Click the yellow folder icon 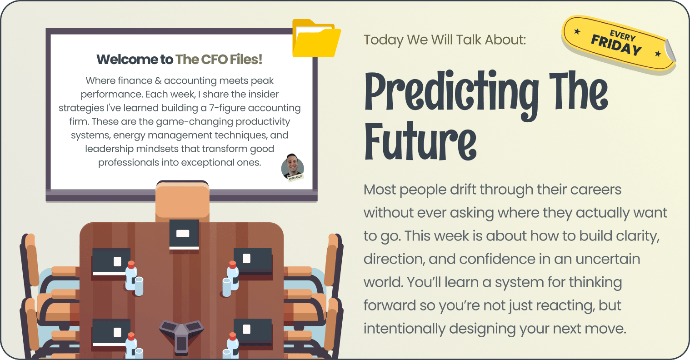tap(316, 39)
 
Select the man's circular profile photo tap(292, 167)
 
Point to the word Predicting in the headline tap(452, 94)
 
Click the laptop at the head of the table tap(184, 235)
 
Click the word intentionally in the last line tap(405, 329)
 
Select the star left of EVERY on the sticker tap(577, 31)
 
